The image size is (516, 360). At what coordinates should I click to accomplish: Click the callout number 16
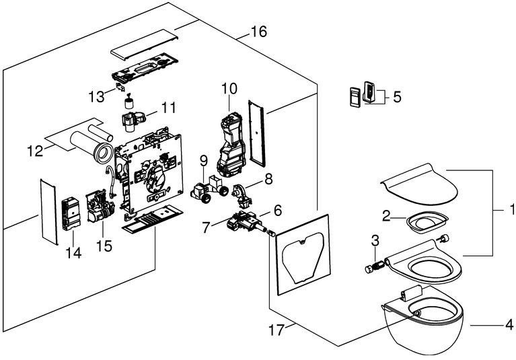click(x=258, y=32)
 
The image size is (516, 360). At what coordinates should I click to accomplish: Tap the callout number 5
click(x=397, y=97)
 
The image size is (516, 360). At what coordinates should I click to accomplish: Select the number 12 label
click(x=35, y=151)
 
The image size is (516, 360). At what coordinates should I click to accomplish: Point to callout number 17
click(x=276, y=330)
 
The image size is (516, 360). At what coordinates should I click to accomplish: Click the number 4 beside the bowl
click(x=509, y=325)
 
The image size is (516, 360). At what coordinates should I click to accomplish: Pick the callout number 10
click(x=229, y=89)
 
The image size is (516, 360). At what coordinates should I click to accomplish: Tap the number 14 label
click(x=73, y=253)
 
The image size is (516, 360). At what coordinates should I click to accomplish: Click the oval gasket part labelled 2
click(x=427, y=222)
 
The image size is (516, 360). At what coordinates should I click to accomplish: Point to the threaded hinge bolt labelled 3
click(x=375, y=266)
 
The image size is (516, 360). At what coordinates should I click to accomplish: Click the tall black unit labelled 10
click(x=231, y=144)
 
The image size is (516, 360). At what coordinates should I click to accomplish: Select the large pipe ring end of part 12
click(x=104, y=153)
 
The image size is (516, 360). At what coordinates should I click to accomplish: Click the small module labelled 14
click(x=71, y=214)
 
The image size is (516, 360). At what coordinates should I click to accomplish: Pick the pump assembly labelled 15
click(x=100, y=207)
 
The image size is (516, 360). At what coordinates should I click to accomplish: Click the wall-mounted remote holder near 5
click(x=369, y=92)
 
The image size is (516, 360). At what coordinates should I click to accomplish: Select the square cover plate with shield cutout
click(x=303, y=255)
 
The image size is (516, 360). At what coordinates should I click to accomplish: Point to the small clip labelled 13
click(x=120, y=87)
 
